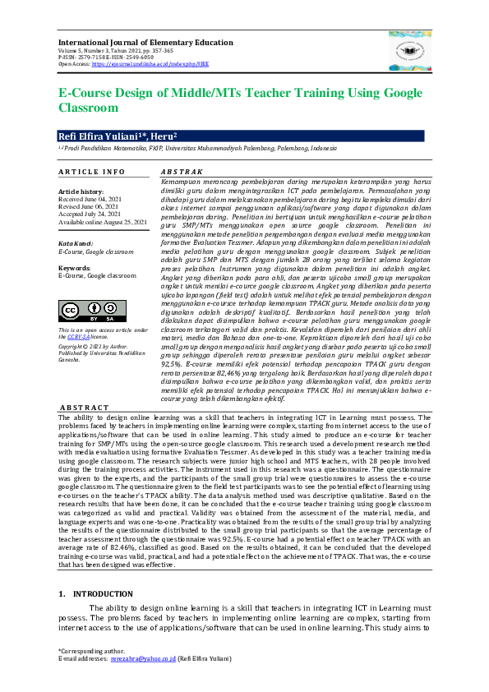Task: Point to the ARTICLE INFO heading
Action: click(92, 172)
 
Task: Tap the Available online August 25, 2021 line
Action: click(103, 221)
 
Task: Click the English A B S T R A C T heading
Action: click(84, 408)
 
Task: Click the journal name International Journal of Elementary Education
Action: click(145, 41)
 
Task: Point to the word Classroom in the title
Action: click(89, 108)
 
